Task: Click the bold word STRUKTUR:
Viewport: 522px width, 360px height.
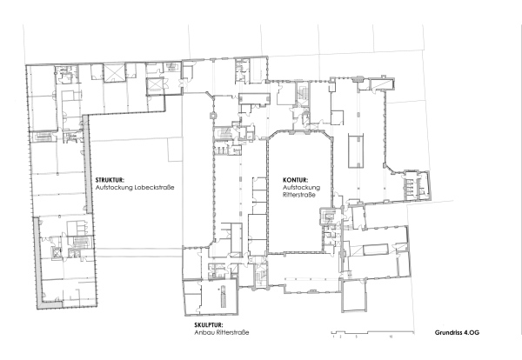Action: click(110, 180)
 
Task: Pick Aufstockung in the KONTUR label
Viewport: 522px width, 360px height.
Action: click(302, 189)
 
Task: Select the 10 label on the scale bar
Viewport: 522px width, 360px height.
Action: click(391, 336)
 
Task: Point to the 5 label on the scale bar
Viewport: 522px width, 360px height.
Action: click(356, 336)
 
